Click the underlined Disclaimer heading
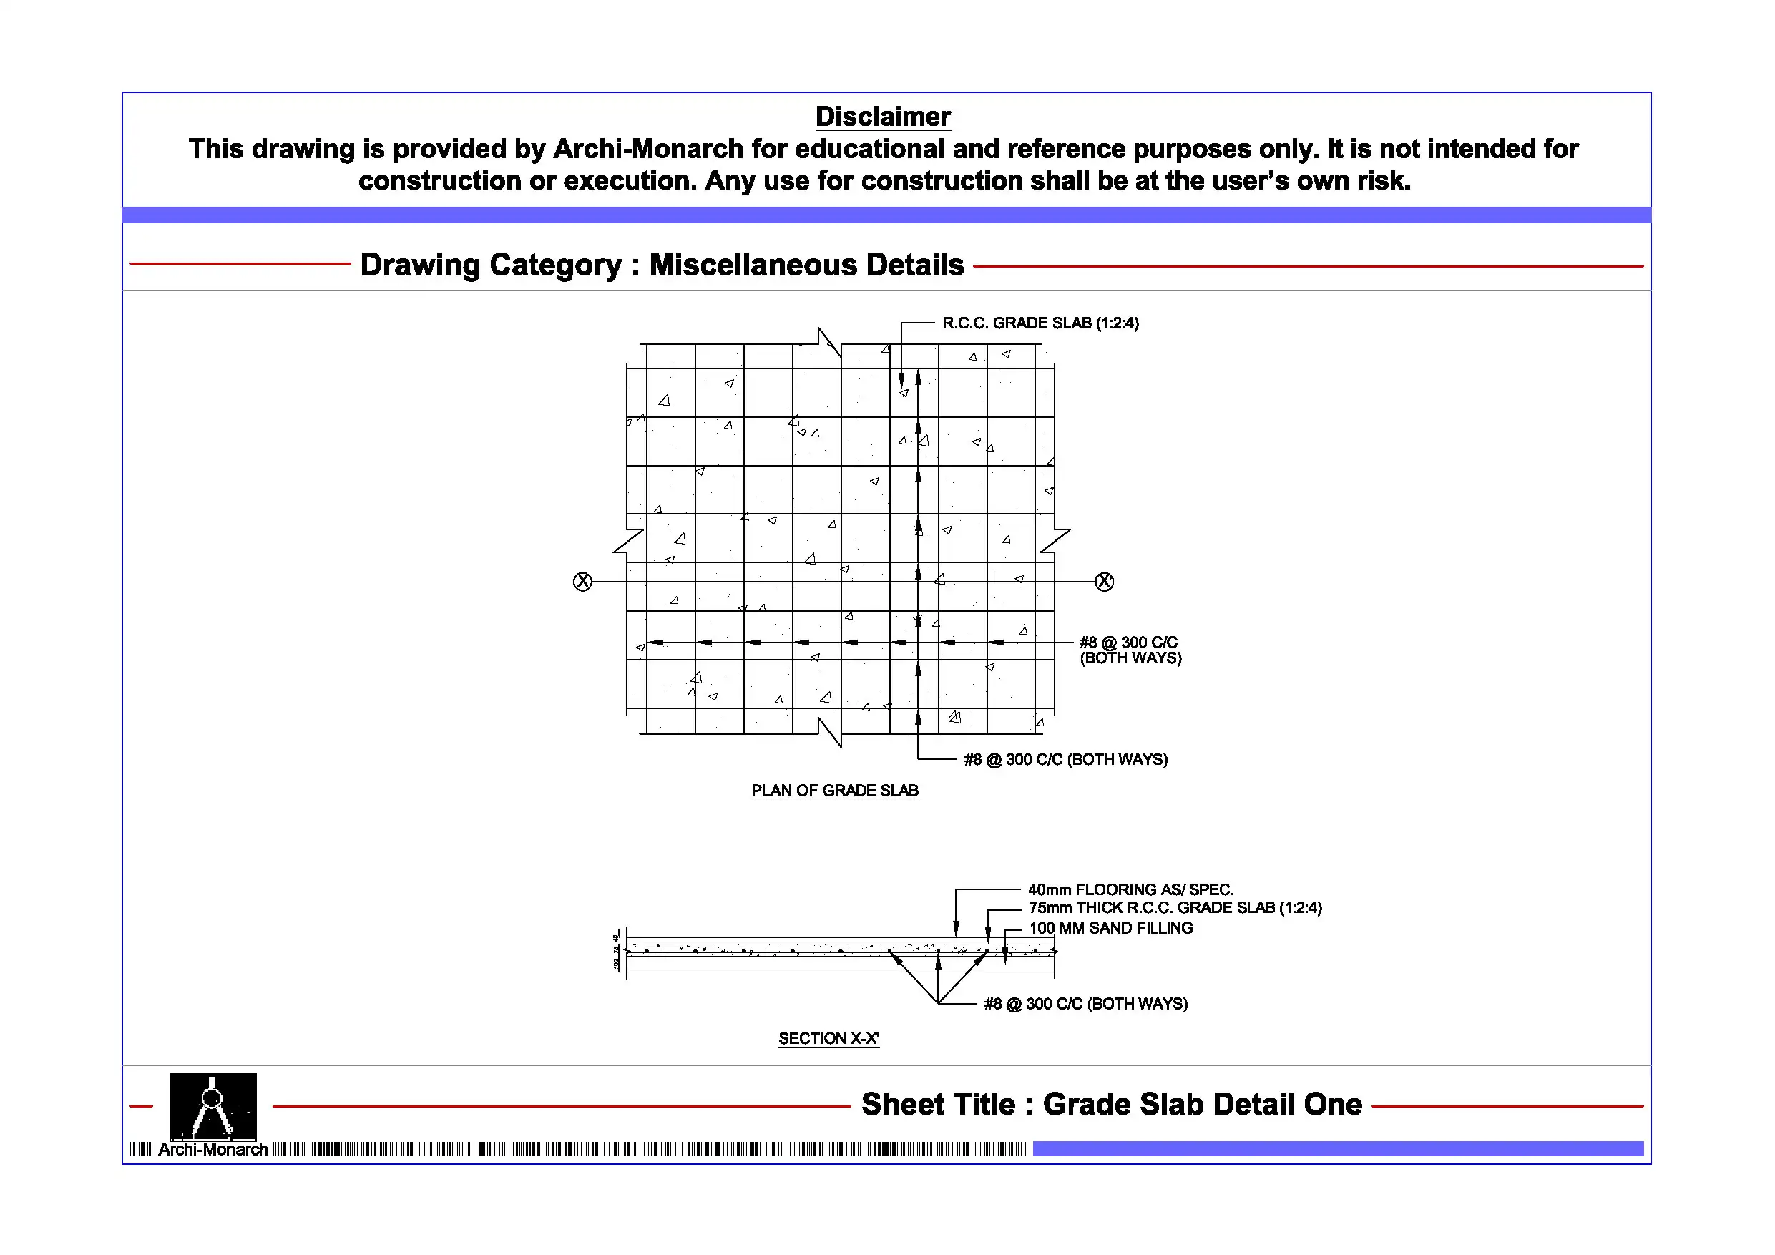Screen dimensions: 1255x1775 click(882, 117)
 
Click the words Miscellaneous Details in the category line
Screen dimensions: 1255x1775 click(806, 265)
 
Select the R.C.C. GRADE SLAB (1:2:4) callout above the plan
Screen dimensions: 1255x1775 click(1040, 323)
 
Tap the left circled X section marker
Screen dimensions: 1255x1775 click(582, 582)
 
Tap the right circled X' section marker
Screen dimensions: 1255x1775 click(1104, 582)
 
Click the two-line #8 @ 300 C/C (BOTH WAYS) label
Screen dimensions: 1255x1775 click(1130, 650)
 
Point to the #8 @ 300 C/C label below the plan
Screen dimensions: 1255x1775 click(1065, 759)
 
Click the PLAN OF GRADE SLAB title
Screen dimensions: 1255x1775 click(835, 790)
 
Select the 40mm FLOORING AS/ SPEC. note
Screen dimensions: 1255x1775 click(1130, 889)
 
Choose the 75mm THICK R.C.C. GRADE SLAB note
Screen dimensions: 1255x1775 click(1174, 908)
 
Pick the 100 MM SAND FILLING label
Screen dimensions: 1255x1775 click(1110, 928)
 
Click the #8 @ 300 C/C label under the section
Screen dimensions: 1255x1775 click(1085, 1004)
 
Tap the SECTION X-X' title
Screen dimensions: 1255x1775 click(828, 1038)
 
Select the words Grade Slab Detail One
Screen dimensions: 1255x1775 click(1202, 1104)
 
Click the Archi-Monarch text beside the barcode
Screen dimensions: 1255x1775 click(212, 1150)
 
